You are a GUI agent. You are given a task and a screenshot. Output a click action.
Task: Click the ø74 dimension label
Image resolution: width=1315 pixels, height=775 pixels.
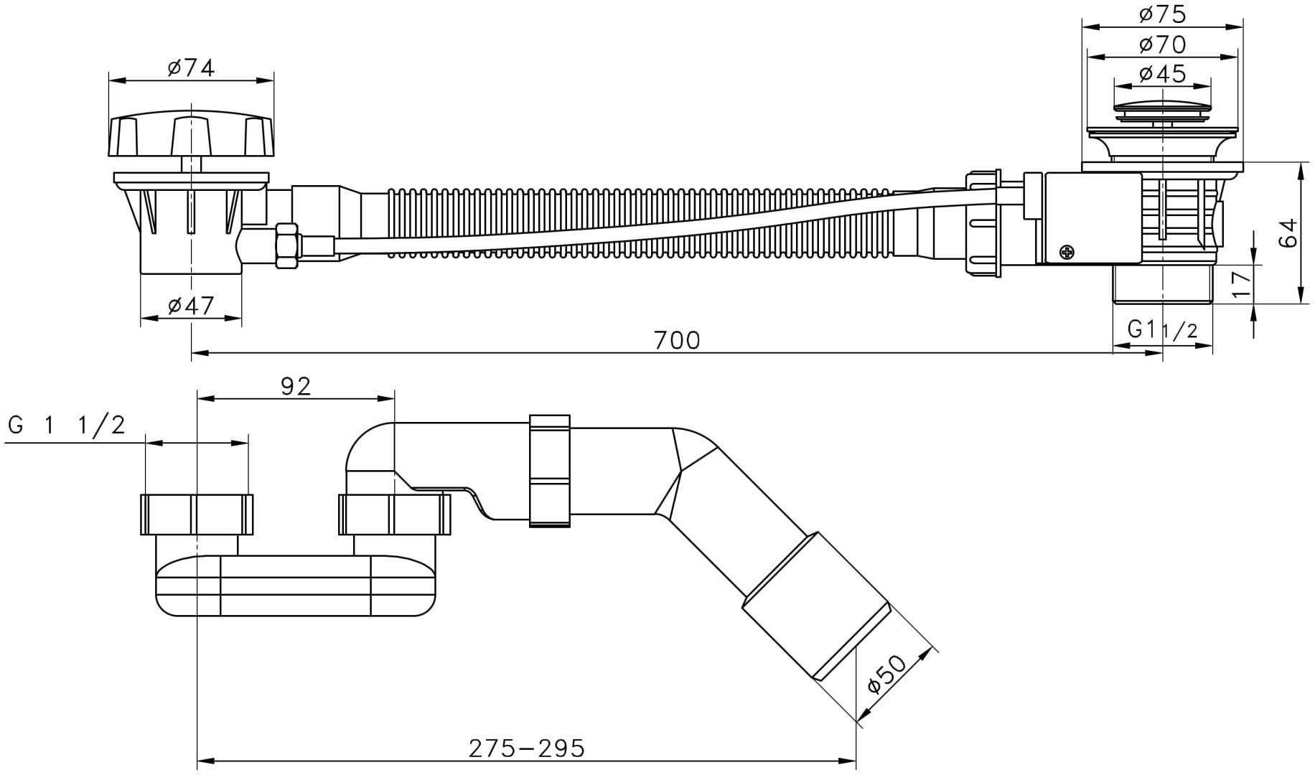[191, 68]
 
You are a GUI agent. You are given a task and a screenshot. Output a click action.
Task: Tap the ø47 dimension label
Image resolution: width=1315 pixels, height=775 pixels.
[191, 306]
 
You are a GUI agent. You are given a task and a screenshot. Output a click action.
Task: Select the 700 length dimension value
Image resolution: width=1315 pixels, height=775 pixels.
[677, 339]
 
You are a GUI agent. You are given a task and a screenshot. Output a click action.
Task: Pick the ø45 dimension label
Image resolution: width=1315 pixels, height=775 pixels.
[1162, 73]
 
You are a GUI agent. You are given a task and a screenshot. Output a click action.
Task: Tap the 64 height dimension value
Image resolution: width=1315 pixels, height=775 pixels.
[1290, 232]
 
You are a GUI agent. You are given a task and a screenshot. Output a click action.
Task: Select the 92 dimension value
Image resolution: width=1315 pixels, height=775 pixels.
[296, 386]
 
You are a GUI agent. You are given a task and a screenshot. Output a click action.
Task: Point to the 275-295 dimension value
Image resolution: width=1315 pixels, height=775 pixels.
[527, 748]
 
